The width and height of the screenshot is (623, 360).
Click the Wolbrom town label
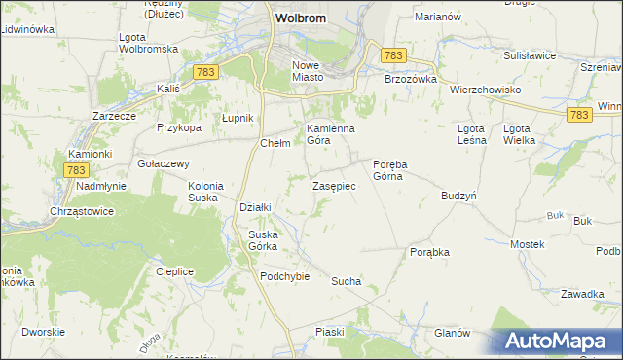tap(300, 18)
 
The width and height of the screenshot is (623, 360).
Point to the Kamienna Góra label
tap(331, 134)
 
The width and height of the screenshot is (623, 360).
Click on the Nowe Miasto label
tap(313, 71)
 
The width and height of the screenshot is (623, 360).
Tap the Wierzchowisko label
tap(486, 90)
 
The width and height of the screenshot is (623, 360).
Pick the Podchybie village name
tap(284, 276)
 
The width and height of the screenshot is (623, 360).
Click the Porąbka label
tap(429, 252)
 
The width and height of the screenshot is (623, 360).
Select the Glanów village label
tap(453, 333)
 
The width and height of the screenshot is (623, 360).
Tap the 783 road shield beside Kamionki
tap(77, 170)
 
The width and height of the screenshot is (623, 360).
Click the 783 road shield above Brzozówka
tap(393, 56)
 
